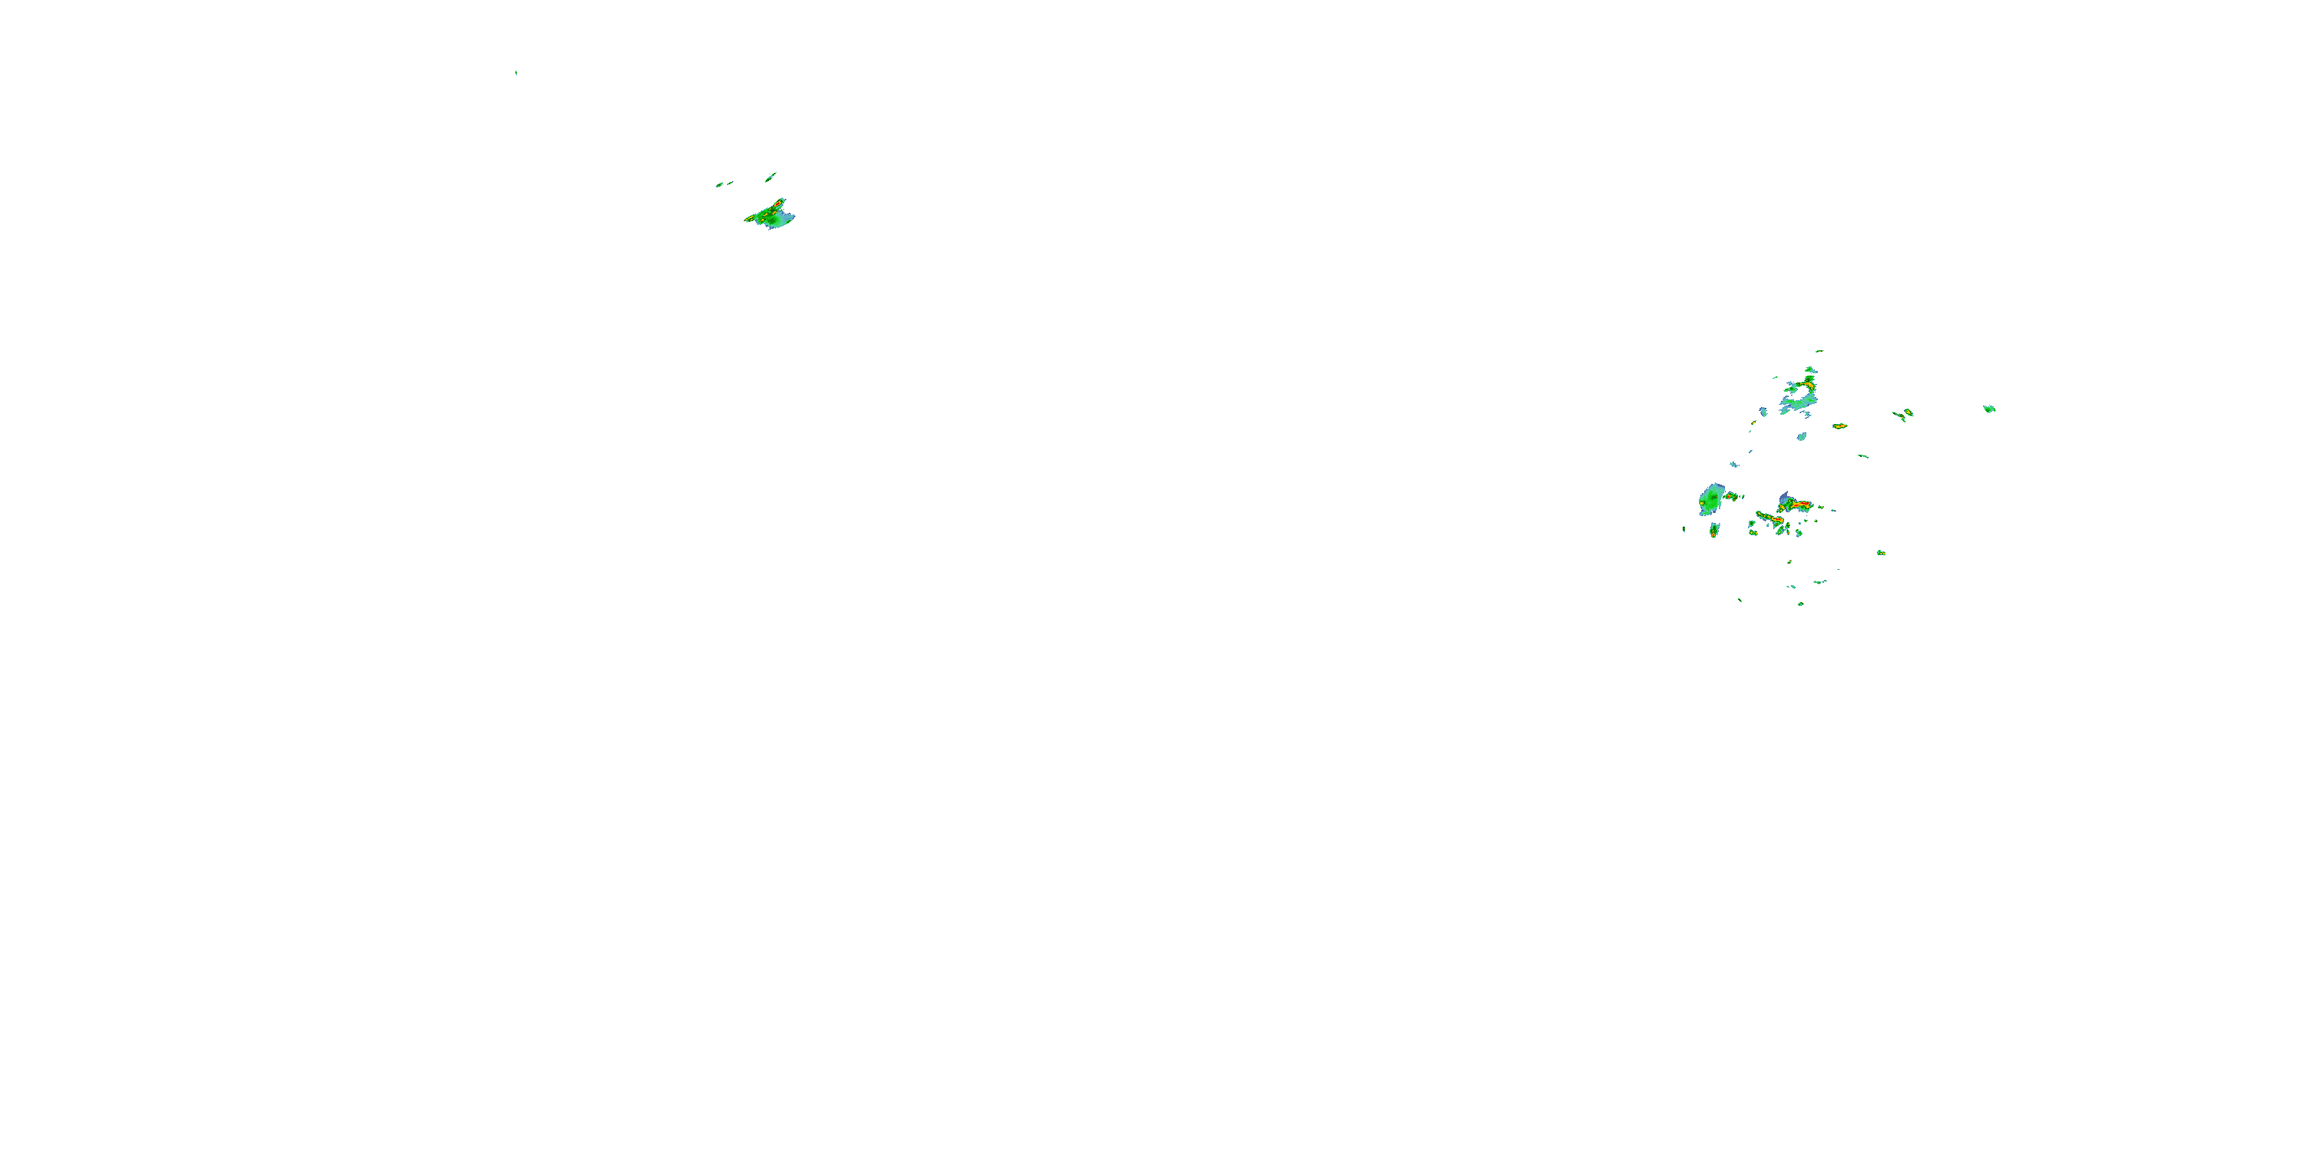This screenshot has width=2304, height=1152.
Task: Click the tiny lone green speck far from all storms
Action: point(516,72)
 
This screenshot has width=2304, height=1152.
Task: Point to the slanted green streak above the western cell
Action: point(770,177)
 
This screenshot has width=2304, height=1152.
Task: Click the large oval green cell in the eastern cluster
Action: point(1710,499)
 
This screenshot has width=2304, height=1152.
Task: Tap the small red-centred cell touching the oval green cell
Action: point(1730,495)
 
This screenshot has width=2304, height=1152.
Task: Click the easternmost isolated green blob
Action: point(1989,409)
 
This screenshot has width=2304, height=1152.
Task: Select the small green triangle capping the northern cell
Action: point(1810,369)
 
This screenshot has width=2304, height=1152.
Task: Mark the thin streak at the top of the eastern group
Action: point(1819,351)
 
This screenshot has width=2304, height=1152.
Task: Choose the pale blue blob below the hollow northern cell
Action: point(1801,437)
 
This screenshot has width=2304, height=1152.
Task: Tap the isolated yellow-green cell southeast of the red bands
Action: point(1881,553)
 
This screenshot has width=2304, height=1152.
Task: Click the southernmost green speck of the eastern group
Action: point(1800,604)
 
